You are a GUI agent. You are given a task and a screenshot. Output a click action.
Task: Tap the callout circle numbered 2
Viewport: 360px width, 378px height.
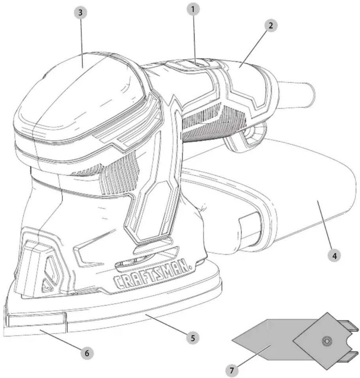[x=271, y=25]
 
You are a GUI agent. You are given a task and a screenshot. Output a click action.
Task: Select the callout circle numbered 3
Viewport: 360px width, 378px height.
[x=80, y=13]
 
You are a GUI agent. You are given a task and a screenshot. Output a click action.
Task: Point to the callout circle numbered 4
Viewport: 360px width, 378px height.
[x=335, y=256]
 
